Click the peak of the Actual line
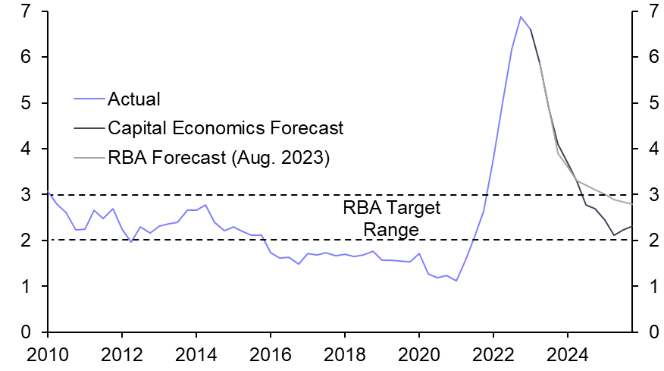tap(521, 17)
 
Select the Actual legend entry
tap(134, 98)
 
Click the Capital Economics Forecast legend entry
tap(225, 127)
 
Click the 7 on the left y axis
tap(26, 11)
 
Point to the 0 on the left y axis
tap(26, 332)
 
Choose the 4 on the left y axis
tap(26, 149)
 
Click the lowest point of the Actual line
tap(456, 281)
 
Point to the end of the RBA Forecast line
tap(632, 203)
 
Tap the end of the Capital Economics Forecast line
tap(632, 226)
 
